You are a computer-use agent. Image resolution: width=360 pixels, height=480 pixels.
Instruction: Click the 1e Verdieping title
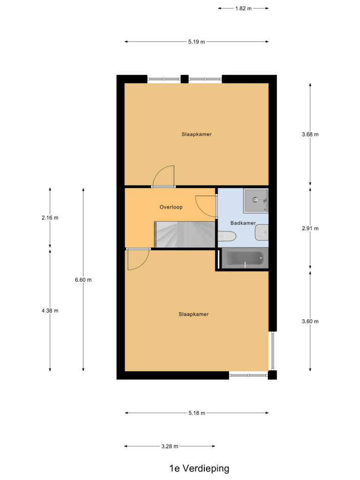click(199, 468)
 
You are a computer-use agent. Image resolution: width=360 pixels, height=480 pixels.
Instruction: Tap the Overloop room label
click(171, 207)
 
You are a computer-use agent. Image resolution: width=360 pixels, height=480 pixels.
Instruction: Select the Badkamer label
click(242, 223)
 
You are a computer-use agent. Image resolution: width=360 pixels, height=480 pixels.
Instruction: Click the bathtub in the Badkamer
click(244, 258)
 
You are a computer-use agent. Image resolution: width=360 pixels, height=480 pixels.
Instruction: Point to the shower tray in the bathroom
click(255, 201)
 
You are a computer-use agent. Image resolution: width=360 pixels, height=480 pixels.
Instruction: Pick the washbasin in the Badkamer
click(262, 231)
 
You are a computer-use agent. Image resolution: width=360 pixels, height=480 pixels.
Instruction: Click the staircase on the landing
click(185, 234)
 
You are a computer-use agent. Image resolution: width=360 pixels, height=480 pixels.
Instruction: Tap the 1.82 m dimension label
click(243, 8)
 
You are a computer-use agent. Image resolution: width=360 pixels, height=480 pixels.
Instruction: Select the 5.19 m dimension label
click(196, 42)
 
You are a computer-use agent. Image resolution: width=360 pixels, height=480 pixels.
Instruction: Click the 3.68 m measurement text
click(310, 134)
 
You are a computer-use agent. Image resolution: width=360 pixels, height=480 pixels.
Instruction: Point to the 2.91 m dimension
click(310, 229)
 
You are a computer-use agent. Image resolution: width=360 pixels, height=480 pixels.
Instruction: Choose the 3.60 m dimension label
click(310, 322)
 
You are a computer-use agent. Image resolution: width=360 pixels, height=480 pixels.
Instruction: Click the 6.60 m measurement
click(83, 280)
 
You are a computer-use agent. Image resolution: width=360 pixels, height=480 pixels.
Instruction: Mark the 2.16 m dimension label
click(50, 217)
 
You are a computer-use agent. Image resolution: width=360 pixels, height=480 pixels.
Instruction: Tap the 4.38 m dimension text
click(50, 310)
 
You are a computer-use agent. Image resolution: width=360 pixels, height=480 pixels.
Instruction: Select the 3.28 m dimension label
click(170, 446)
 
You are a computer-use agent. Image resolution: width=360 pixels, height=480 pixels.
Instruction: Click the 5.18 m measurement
click(196, 413)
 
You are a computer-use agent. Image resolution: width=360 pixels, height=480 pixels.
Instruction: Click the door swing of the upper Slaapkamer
click(165, 176)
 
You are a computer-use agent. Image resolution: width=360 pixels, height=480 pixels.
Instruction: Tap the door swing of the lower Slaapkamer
click(137, 259)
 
